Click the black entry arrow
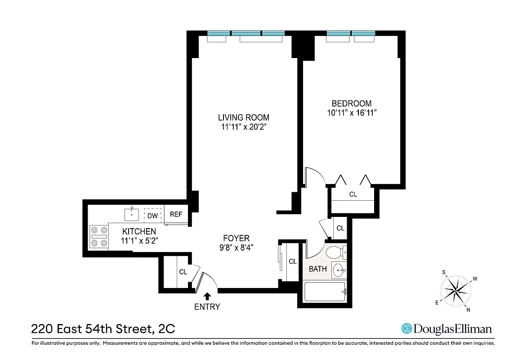click(207, 296)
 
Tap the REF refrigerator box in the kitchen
click(176, 215)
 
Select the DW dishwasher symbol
click(153, 216)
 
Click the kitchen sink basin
click(132, 214)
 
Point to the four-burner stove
click(99, 236)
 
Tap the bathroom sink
click(339, 271)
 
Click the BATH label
click(317, 269)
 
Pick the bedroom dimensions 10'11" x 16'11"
click(352, 113)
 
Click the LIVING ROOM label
click(244, 118)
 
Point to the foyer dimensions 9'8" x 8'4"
click(236, 247)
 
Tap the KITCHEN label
click(138, 232)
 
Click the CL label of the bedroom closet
click(353, 195)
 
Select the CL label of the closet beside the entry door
click(183, 272)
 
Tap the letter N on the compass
click(468, 310)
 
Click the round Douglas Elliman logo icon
click(407, 329)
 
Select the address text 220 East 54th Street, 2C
click(103, 329)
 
